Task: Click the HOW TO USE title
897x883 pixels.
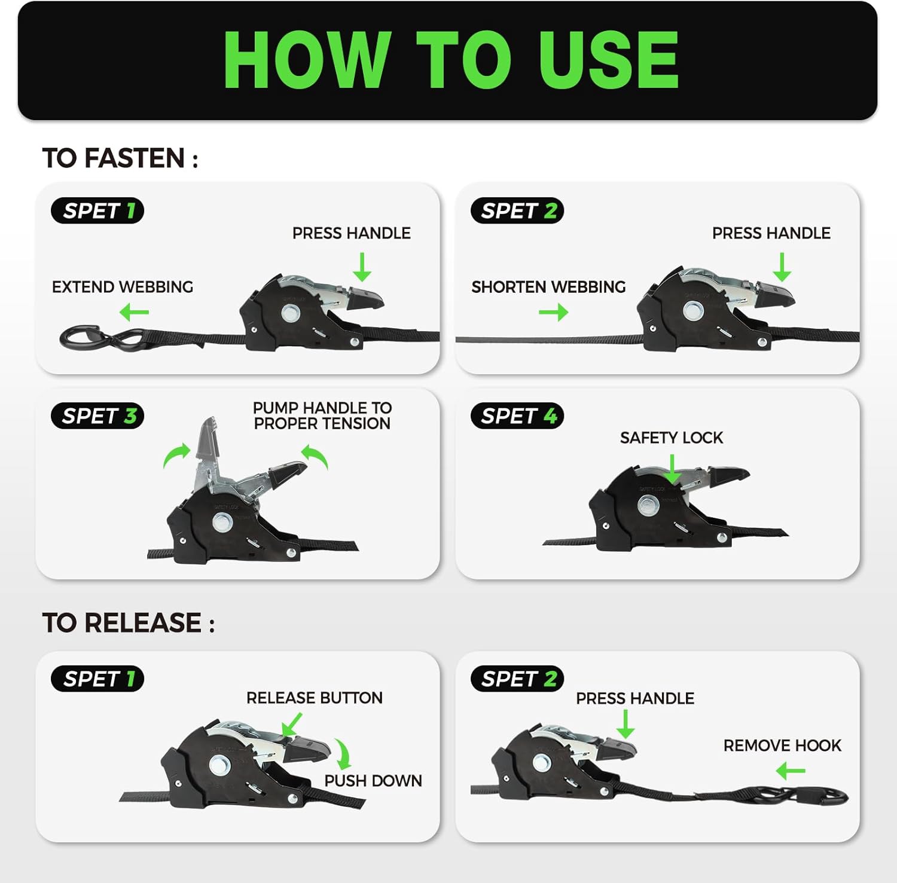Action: point(451,59)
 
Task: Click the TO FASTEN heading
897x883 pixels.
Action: point(120,158)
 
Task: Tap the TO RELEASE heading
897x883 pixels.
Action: point(128,623)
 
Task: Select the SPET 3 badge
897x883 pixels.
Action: point(97,415)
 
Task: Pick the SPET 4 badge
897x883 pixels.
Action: point(517,415)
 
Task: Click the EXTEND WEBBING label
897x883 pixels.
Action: point(123,287)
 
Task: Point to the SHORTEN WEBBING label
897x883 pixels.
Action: point(548,287)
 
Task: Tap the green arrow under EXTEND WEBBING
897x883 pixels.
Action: point(134,312)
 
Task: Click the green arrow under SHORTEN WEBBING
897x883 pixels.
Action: point(553,312)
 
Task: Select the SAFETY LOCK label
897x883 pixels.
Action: point(672,438)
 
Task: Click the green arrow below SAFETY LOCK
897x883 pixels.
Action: point(673,469)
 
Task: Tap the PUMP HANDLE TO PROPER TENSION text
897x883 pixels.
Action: point(322,415)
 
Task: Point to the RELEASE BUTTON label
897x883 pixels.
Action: point(315,698)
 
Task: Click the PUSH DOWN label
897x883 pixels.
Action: point(373,781)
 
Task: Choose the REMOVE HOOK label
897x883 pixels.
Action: point(782,745)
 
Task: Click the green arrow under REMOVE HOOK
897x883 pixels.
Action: point(791,771)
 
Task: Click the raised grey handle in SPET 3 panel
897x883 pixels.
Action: point(207,451)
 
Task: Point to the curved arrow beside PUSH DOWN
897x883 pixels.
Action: point(344,753)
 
